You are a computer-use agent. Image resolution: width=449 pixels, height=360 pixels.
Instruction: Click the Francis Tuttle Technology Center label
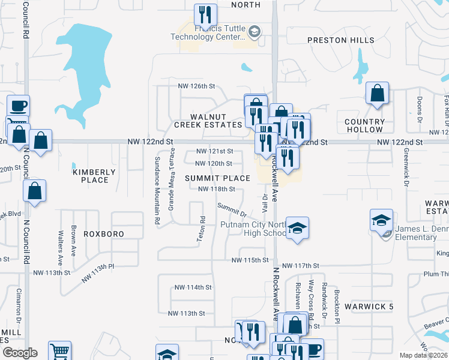[216, 32]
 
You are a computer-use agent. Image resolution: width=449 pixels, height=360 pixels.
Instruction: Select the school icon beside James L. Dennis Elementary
[381, 221]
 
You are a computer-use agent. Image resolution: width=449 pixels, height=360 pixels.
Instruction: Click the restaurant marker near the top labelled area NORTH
[205, 15]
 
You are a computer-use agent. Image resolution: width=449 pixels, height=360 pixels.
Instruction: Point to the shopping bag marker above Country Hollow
[377, 94]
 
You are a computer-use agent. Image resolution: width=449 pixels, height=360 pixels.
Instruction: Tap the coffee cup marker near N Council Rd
[17, 106]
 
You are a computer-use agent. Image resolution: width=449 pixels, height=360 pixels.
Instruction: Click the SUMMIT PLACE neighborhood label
[217, 178]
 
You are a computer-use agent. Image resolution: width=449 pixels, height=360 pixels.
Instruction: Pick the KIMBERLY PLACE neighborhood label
[91, 176]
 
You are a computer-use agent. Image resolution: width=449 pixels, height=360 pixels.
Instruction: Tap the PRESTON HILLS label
[340, 40]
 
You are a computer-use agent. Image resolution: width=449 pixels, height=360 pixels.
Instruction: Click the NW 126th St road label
[196, 86]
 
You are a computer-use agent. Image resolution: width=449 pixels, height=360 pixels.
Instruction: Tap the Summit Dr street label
[232, 210]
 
